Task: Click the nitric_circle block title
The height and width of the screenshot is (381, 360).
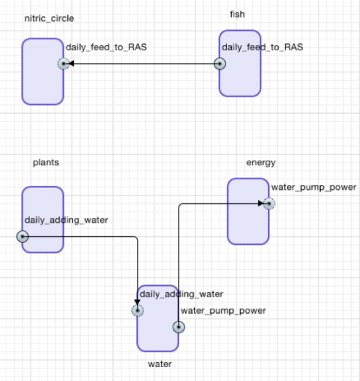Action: pyautogui.click(x=50, y=18)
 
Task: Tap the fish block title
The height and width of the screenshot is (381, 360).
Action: pyautogui.click(x=237, y=15)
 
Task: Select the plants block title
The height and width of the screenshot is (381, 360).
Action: pyautogui.click(x=46, y=163)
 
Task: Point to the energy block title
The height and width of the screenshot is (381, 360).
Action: pyautogui.click(x=261, y=163)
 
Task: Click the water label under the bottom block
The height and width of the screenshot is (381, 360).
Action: pyautogui.click(x=160, y=364)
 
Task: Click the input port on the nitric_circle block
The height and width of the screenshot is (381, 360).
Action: pyautogui.click(x=63, y=64)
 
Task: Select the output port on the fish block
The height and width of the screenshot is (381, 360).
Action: pyautogui.click(x=220, y=64)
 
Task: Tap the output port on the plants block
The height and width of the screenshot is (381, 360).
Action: pyautogui.click(x=23, y=236)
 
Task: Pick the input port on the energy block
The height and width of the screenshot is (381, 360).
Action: pyautogui.click(x=269, y=204)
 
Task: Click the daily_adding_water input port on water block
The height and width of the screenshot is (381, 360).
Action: pyautogui.click(x=138, y=311)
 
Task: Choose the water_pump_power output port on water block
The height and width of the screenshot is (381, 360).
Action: pyautogui.click(x=179, y=327)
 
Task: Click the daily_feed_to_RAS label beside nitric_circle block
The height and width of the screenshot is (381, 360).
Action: pyautogui.click(x=107, y=47)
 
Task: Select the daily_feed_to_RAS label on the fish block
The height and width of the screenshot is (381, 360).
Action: pyautogui.click(x=262, y=47)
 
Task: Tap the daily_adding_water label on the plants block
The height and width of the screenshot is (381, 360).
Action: pyautogui.click(x=66, y=220)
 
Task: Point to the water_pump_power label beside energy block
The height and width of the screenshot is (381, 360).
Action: pyautogui.click(x=314, y=187)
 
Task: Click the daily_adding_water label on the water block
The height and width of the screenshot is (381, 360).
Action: pyautogui.click(x=182, y=294)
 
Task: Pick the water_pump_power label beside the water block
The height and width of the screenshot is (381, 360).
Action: pyautogui.click(x=223, y=311)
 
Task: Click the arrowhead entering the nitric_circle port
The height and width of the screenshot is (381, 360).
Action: pyautogui.click(x=71, y=63)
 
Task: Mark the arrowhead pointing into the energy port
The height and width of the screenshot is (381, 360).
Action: pyautogui.click(x=261, y=203)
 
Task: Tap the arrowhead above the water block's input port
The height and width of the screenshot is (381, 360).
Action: pyautogui.click(x=137, y=302)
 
